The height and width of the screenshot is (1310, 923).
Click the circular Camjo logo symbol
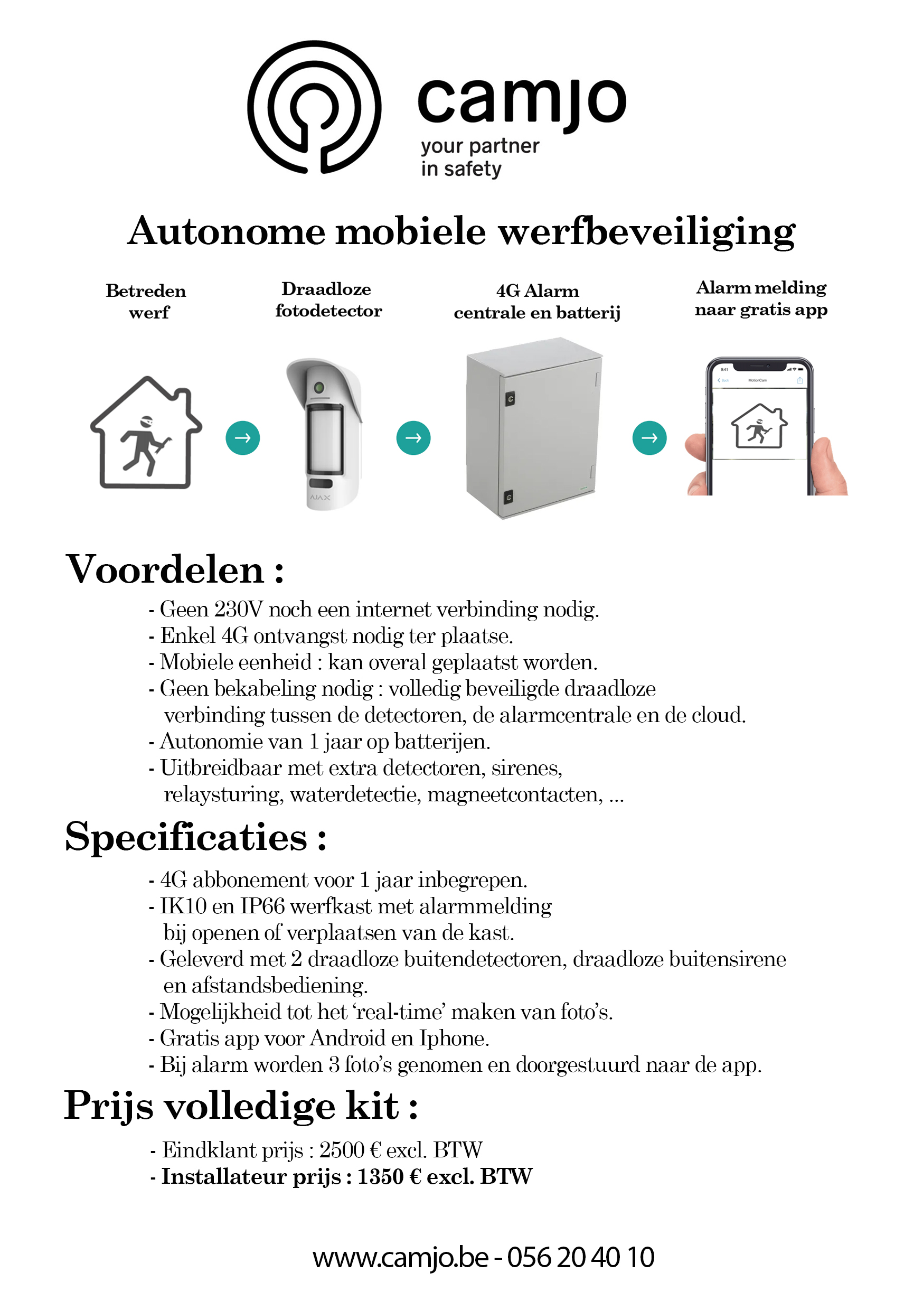pyautogui.click(x=314, y=107)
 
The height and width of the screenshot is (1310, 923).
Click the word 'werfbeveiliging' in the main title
pyautogui.click(x=646, y=232)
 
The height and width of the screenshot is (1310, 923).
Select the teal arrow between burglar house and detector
pyautogui.click(x=242, y=437)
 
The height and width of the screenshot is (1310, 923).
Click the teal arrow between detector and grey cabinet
pyautogui.click(x=413, y=437)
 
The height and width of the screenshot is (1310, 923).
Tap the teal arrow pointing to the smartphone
pyautogui.click(x=649, y=437)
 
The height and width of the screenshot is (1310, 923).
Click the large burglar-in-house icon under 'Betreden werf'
pyautogui.click(x=146, y=433)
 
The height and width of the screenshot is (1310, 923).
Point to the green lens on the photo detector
pyautogui.click(x=319, y=388)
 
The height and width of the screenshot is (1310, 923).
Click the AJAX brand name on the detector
pyautogui.click(x=320, y=498)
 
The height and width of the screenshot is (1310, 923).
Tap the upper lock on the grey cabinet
pyautogui.click(x=510, y=399)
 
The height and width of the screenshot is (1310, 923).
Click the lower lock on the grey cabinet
pyautogui.click(x=509, y=497)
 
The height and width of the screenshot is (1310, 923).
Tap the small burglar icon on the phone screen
pyautogui.click(x=759, y=426)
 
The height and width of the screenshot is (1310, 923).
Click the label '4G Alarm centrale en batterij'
pyautogui.click(x=537, y=302)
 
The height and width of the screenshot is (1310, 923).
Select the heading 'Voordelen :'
pyautogui.click(x=175, y=569)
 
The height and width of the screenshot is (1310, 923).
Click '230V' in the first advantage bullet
pyautogui.click(x=239, y=610)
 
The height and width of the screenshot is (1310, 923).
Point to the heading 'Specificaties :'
pyautogui.click(x=196, y=837)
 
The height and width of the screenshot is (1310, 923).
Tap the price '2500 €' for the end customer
pyautogui.click(x=350, y=1149)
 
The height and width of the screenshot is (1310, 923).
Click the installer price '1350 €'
pyautogui.click(x=389, y=1176)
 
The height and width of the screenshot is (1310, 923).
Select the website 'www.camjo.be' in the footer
pyautogui.click(x=400, y=1258)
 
